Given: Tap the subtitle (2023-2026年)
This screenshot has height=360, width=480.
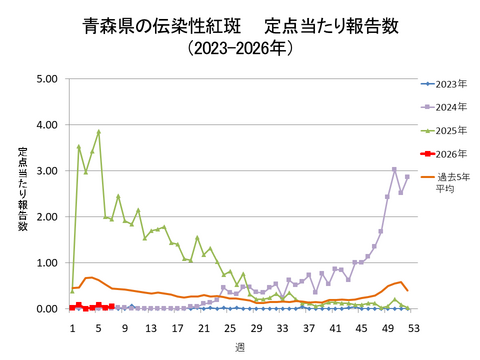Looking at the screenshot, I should (240, 47).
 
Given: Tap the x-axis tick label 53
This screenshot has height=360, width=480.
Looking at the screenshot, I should (412, 327).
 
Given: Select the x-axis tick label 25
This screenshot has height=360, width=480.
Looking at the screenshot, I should (229, 327).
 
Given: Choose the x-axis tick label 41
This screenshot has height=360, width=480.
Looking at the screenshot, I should (334, 327).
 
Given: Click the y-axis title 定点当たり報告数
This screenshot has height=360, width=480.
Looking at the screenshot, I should (22, 190).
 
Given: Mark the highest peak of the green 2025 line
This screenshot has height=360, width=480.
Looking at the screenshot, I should (99, 131).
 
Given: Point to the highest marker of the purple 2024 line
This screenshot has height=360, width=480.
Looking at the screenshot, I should (394, 169).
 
